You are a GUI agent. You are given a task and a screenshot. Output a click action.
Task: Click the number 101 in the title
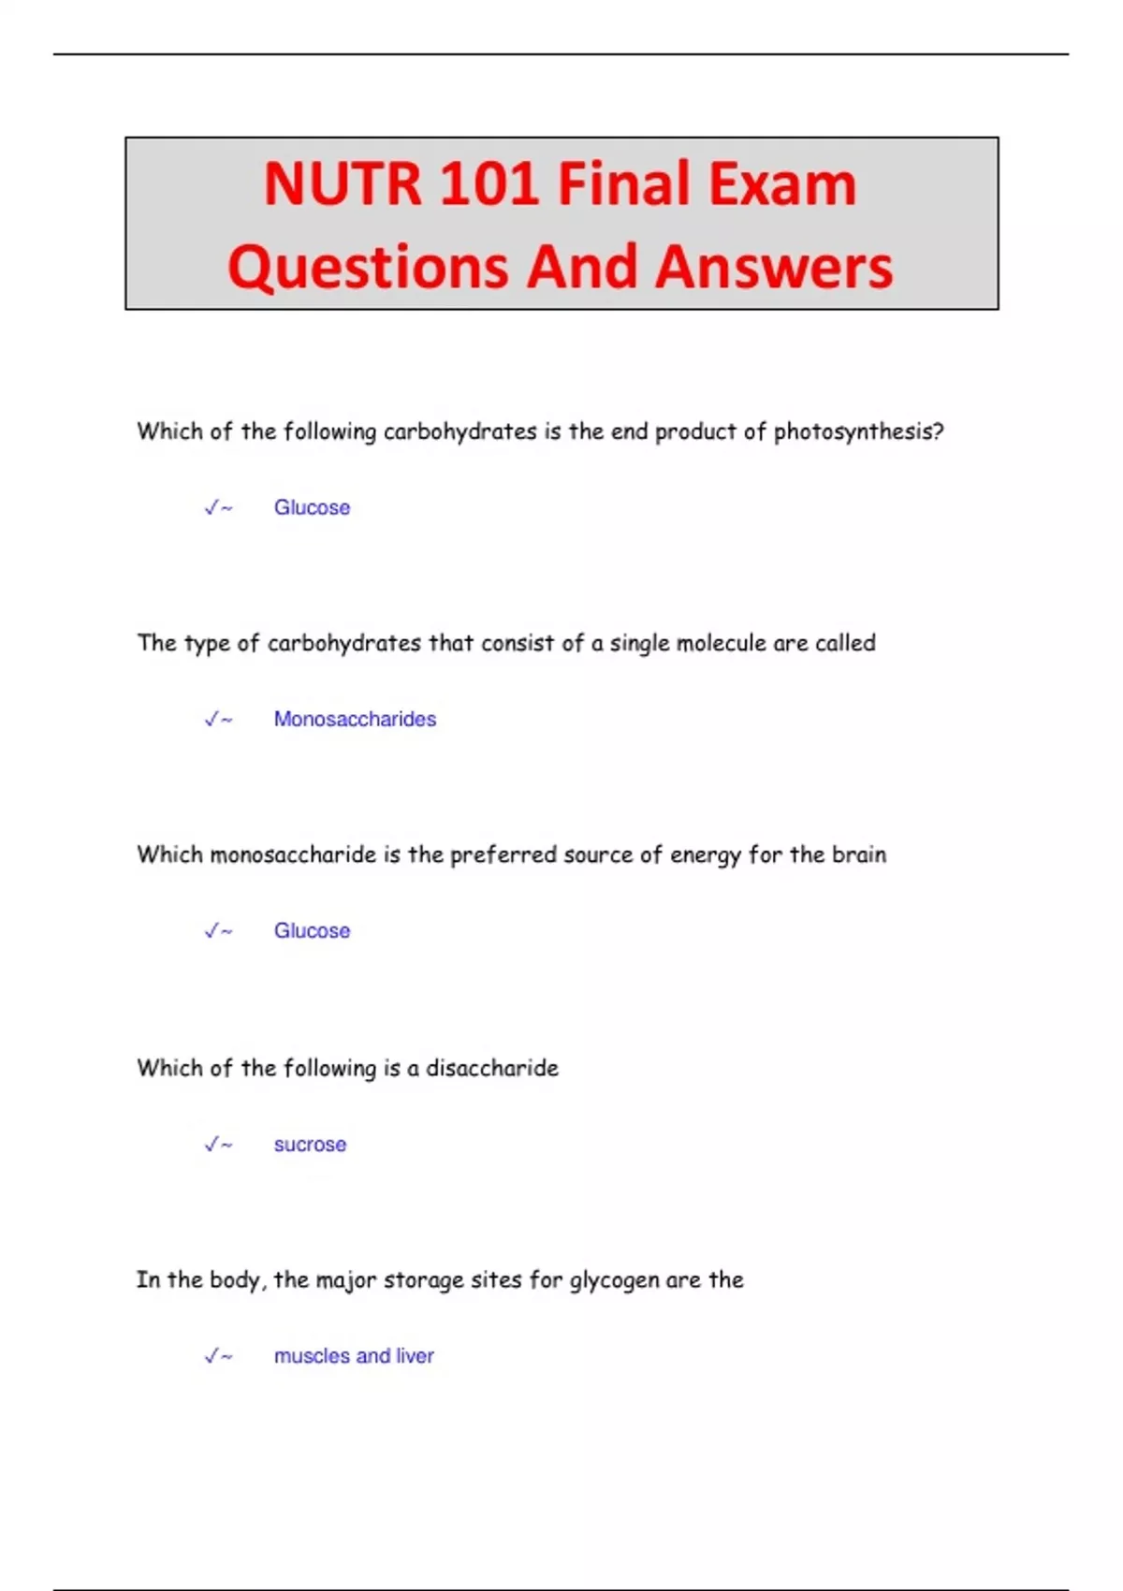489,183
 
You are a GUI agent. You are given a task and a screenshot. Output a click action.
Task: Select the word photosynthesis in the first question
857,431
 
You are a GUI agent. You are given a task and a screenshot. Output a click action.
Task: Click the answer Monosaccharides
355,719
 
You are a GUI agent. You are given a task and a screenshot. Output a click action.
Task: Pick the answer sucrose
310,1145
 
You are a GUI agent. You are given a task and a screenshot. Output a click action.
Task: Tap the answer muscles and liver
354,1356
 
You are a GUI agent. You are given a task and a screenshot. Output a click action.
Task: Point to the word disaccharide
492,1068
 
